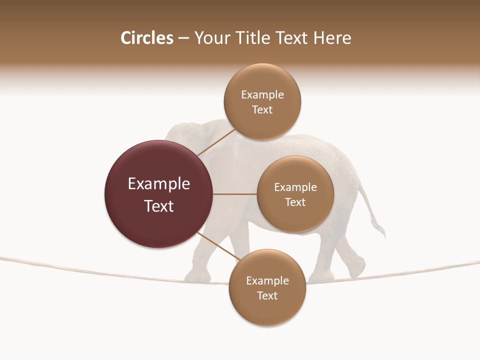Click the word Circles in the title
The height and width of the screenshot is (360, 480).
(146, 38)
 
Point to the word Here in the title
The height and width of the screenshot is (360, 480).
(332, 38)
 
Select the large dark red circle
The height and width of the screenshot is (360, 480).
(158, 194)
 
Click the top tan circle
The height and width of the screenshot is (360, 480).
(262, 102)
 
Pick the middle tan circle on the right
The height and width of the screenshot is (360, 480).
(295, 194)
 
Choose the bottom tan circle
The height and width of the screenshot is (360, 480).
(267, 287)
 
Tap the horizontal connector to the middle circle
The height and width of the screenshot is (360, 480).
(234, 194)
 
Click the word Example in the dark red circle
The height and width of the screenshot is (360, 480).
(159, 184)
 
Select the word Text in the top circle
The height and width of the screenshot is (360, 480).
(262, 109)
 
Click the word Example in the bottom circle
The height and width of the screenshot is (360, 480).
(267, 280)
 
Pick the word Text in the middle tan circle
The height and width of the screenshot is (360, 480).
(295, 202)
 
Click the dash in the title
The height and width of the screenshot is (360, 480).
(183, 38)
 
